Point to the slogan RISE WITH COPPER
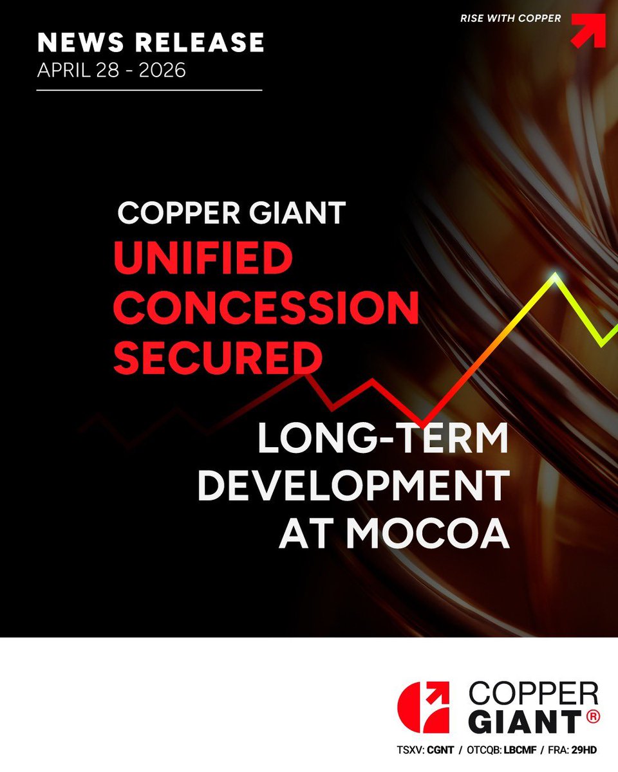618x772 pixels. [x=510, y=19]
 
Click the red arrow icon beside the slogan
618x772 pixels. [x=588, y=30]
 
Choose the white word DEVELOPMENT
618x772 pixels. [x=353, y=487]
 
